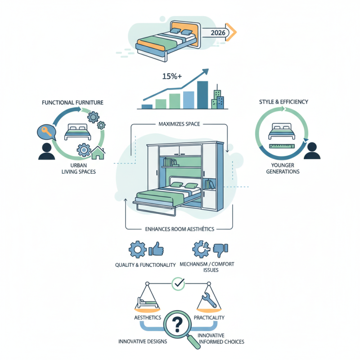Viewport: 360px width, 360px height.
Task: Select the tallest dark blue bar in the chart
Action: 202,94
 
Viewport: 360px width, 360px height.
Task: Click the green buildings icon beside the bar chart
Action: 219,98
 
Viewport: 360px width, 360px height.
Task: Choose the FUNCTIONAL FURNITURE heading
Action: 72,103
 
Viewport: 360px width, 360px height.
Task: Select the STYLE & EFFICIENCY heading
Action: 283,102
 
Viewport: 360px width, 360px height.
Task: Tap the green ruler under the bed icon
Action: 281,146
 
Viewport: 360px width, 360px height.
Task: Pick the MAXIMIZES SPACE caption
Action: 180,124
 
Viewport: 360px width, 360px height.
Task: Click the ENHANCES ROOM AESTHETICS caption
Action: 180,229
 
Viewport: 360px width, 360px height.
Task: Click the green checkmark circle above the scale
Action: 179,283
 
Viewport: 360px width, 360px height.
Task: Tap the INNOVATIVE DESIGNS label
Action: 143,342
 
